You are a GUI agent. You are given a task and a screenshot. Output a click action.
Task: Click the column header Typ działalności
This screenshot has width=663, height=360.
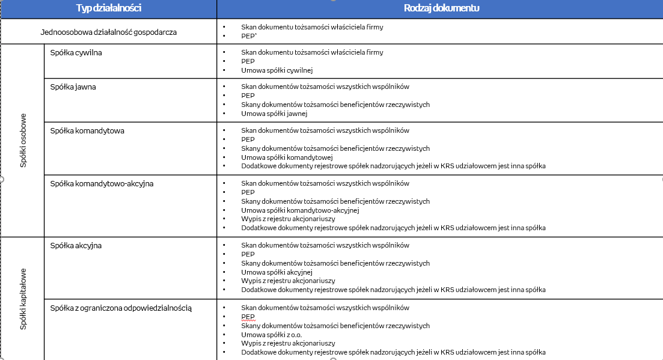point(108,8)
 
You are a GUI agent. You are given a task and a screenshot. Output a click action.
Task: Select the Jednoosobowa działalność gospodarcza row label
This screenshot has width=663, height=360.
point(109,31)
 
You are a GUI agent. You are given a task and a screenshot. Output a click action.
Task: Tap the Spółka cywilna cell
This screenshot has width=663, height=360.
point(76,53)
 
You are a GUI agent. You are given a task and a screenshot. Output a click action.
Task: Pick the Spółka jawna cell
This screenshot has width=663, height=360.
point(73,87)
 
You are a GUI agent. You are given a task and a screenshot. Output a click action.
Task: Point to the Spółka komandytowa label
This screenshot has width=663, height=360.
point(87,131)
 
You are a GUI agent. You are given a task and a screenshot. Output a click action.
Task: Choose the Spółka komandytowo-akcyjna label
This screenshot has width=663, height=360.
point(102,184)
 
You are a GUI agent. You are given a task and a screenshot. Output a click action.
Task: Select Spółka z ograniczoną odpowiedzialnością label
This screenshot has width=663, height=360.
point(121,308)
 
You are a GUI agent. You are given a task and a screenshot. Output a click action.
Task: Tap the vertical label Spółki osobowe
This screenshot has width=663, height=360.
point(23,140)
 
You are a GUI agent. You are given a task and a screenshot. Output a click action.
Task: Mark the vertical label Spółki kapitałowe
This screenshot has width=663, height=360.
point(23,299)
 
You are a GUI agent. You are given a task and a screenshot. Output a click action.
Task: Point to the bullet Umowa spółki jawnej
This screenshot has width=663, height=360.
point(274,114)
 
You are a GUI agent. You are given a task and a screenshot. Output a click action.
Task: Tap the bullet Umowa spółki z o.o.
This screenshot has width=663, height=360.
point(271,335)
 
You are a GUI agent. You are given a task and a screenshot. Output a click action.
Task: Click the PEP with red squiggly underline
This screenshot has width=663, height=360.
point(248,317)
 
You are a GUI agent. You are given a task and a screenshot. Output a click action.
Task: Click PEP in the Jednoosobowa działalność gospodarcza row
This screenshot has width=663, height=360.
point(248,36)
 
